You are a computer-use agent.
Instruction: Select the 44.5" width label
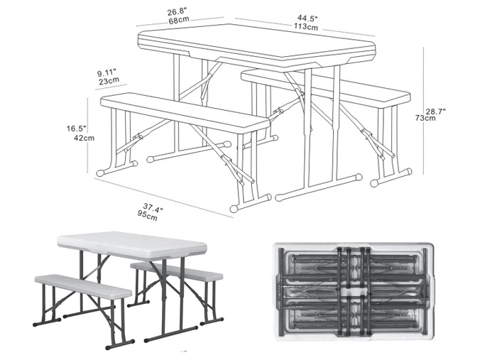pos(307,18)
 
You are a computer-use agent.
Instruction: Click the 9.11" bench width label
pos(107,72)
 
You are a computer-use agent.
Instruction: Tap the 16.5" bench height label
pos(76,129)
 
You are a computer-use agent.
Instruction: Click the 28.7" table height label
pos(437,110)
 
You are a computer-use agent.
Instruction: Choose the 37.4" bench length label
pos(150,207)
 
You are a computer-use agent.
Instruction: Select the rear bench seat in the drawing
pos(327,84)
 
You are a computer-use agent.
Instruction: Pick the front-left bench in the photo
pos(82,285)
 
